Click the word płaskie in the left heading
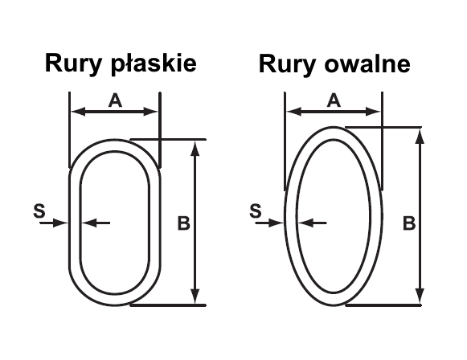pyautogui.click(x=154, y=64)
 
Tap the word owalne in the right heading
pyautogui.click(x=367, y=64)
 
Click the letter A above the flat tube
pyautogui.click(x=115, y=100)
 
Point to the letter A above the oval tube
pyautogui.click(x=334, y=100)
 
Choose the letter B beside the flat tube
pyautogui.click(x=183, y=223)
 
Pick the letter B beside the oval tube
pyautogui.click(x=409, y=223)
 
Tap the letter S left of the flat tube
pyautogui.click(x=39, y=211)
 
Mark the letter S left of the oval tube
pyautogui.click(x=256, y=211)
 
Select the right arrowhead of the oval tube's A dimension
pyautogui.click(x=373, y=112)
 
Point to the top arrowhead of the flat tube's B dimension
pyautogui.click(x=195, y=148)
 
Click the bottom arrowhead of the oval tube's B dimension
pyautogui.click(x=420, y=296)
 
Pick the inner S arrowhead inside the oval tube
pyautogui.click(x=305, y=223)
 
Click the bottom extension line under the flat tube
pyautogui.click(x=168, y=305)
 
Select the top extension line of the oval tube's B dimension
pyautogui.click(x=383, y=127)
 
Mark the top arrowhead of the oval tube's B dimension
pyautogui.click(x=420, y=137)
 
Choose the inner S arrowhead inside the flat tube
pyautogui.click(x=89, y=223)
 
